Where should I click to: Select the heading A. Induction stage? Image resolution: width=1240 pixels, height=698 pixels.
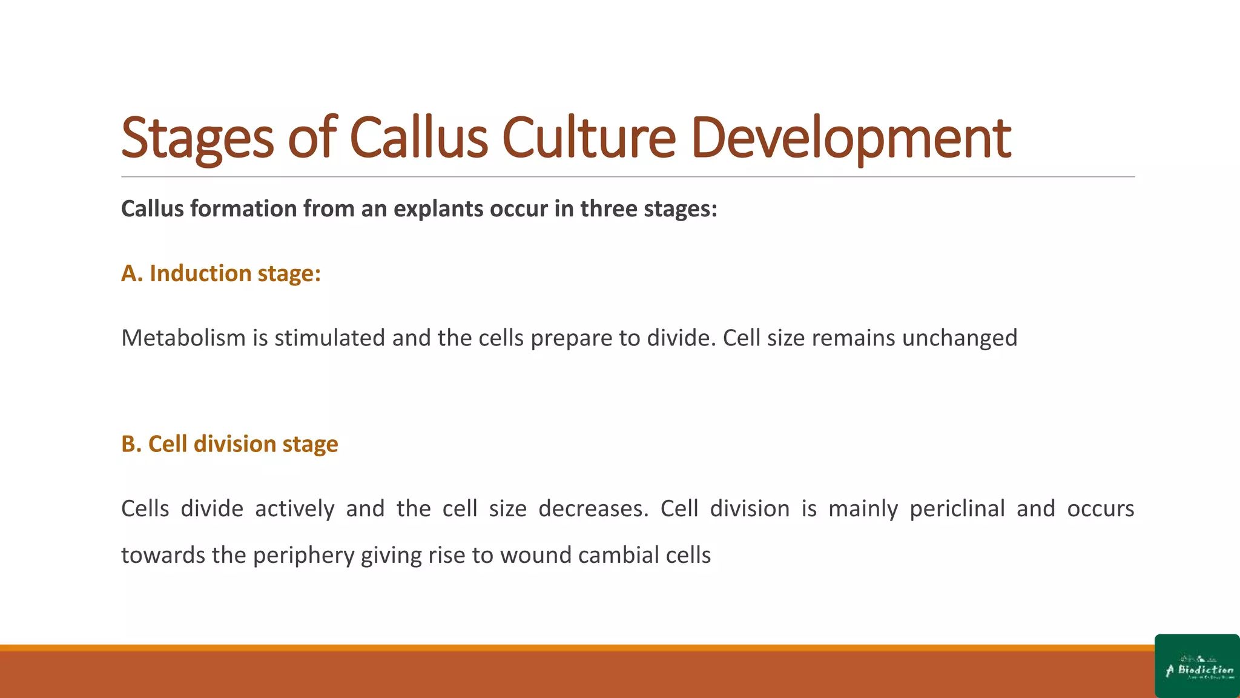(221, 273)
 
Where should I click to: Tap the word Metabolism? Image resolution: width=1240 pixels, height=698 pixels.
(183, 338)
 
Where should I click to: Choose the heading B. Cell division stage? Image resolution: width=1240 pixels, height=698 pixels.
(229, 444)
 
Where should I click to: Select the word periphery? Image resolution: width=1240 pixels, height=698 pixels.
(303, 556)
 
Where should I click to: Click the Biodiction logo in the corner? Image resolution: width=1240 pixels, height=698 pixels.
(1197, 666)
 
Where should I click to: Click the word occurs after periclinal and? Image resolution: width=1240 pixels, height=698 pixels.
(1100, 509)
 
